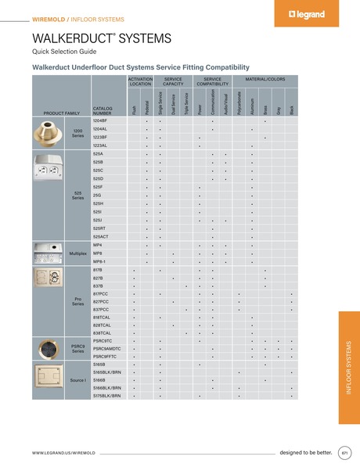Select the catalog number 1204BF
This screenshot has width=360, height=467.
coord(99,120)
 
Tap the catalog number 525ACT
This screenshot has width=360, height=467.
coord(101,236)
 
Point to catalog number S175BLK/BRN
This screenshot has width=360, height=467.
coord(106,396)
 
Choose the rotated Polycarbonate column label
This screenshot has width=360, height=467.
coord(239,105)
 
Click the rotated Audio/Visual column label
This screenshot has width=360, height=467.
coord(225,105)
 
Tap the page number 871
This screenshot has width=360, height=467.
coord(344,452)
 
